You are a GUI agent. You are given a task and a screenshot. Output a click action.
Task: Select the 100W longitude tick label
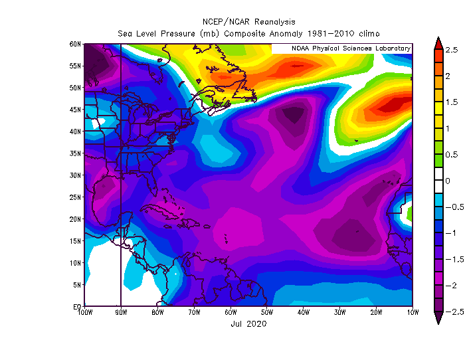point(84,312)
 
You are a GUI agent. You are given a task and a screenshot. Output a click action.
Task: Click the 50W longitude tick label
point(266,312)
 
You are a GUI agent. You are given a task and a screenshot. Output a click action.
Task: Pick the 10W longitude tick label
point(412,312)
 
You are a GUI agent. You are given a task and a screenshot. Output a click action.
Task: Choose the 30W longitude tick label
point(339,312)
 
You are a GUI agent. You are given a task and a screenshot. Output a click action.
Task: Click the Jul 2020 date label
point(248,323)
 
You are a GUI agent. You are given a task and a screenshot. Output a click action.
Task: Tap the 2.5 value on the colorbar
point(451,50)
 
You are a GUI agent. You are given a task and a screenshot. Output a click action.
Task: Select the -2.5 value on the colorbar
point(450,311)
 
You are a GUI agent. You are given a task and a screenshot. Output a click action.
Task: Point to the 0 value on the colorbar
point(447,181)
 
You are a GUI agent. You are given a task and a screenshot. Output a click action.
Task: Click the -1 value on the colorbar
point(449,232)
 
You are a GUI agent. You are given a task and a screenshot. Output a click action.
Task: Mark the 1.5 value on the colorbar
point(451,102)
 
